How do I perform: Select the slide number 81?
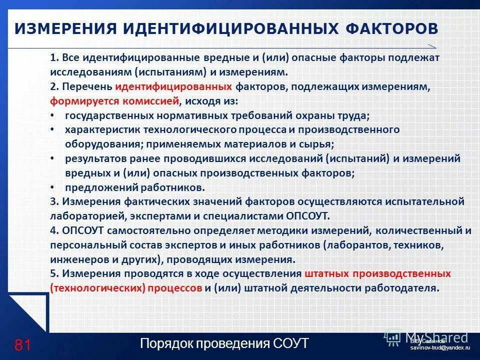tap(23, 345)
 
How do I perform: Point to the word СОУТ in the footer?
tap(290, 344)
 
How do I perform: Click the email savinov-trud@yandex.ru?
tap(440, 347)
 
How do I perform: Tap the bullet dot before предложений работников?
tap(53, 187)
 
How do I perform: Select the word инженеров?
tap(74, 260)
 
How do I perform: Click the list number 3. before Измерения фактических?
tap(55, 202)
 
